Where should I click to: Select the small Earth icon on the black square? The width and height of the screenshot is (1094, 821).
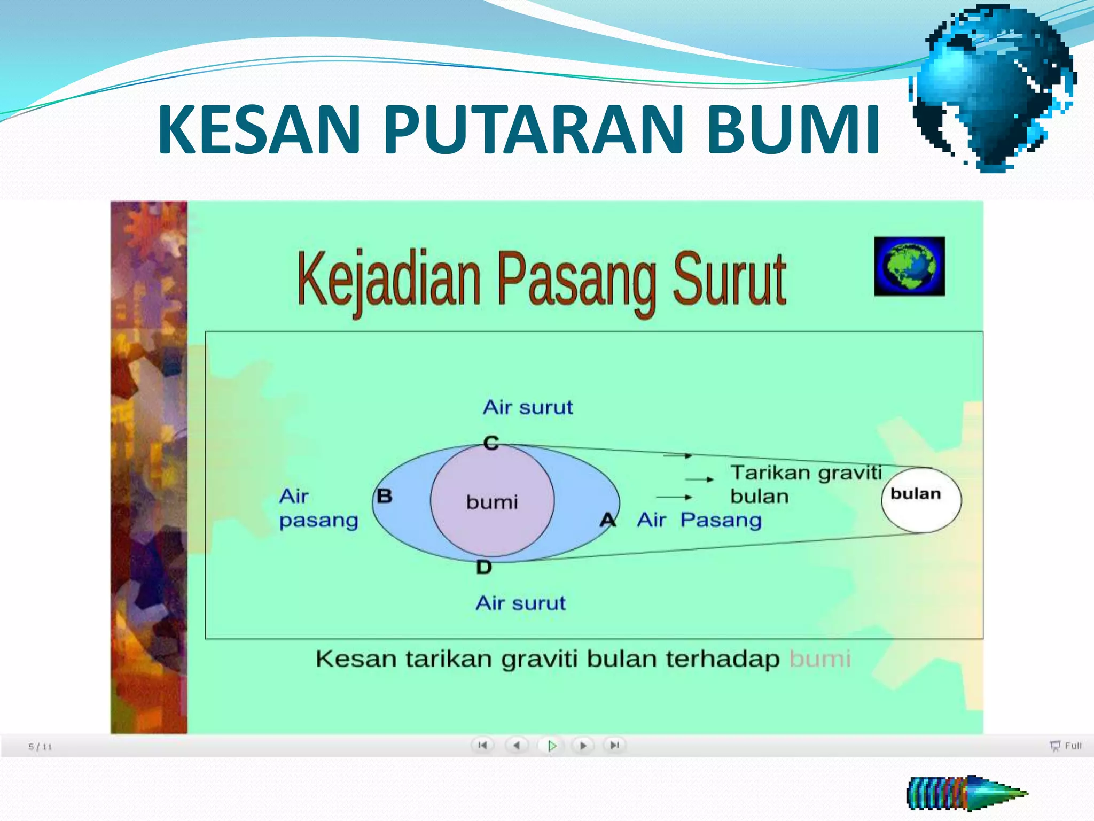coord(909,266)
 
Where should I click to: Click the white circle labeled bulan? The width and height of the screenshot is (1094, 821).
coord(921,500)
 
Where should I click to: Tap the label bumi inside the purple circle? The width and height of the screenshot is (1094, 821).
coord(492,502)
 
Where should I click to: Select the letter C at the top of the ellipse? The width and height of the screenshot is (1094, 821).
coord(491,443)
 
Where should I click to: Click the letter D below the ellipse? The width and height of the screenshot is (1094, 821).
coord(484,568)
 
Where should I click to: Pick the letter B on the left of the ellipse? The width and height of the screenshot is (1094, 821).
coord(385,496)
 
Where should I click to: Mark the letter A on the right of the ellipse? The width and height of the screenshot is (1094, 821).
coord(608,520)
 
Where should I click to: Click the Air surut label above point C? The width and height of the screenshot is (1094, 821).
coord(528,408)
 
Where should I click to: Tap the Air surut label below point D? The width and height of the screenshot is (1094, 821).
coord(520,603)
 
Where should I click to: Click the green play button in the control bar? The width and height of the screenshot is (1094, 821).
coord(552,745)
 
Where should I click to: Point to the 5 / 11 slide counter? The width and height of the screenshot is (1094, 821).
coord(40,747)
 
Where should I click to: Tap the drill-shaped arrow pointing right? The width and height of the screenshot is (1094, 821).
coord(967,793)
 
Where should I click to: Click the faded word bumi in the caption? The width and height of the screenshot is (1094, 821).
coord(820,659)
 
